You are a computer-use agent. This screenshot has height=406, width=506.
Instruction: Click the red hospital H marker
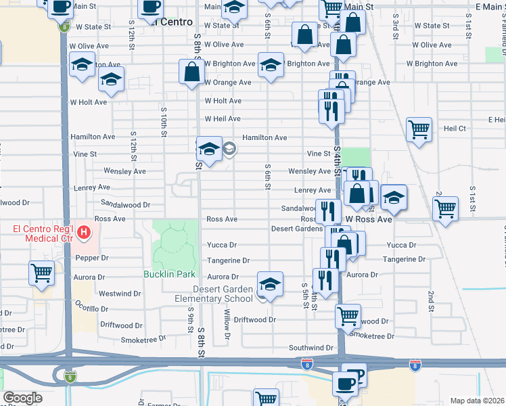(x=84, y=234)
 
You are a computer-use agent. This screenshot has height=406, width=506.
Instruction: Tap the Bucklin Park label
(x=169, y=274)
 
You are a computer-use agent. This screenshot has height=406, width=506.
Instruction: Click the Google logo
(x=22, y=398)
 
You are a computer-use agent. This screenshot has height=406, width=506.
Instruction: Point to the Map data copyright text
(x=477, y=401)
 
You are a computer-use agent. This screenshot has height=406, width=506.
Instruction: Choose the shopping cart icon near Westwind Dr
(x=42, y=274)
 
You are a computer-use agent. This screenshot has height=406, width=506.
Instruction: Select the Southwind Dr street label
(x=310, y=348)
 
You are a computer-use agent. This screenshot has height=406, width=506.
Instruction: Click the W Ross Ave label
(x=369, y=220)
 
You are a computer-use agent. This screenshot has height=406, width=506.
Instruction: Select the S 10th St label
(x=164, y=120)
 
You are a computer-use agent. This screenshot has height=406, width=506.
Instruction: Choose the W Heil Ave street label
(x=223, y=119)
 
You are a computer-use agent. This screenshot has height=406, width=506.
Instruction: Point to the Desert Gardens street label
(x=297, y=229)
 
